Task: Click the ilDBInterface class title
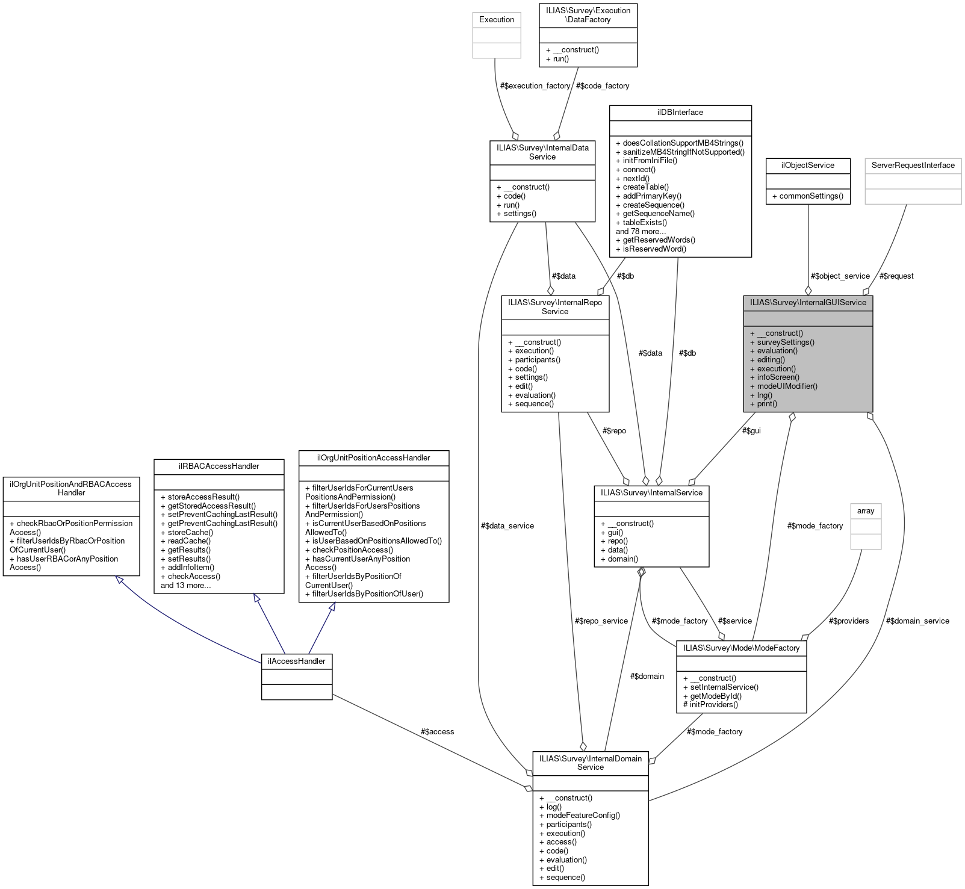(x=680, y=113)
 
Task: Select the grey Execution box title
(x=497, y=20)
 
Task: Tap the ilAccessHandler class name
(x=296, y=661)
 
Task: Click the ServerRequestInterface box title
(x=913, y=166)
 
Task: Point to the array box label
(x=865, y=511)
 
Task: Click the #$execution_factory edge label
(x=535, y=86)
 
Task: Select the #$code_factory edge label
(x=602, y=86)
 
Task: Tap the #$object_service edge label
(x=840, y=276)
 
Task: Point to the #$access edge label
(x=437, y=732)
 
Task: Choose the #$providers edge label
(x=848, y=621)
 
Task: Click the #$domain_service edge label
(x=917, y=621)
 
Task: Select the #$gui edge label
(x=751, y=431)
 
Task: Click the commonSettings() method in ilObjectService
(x=807, y=196)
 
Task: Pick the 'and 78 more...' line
(x=641, y=231)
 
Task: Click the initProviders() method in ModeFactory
(x=710, y=705)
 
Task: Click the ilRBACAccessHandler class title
(x=219, y=466)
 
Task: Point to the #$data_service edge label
(x=507, y=526)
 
